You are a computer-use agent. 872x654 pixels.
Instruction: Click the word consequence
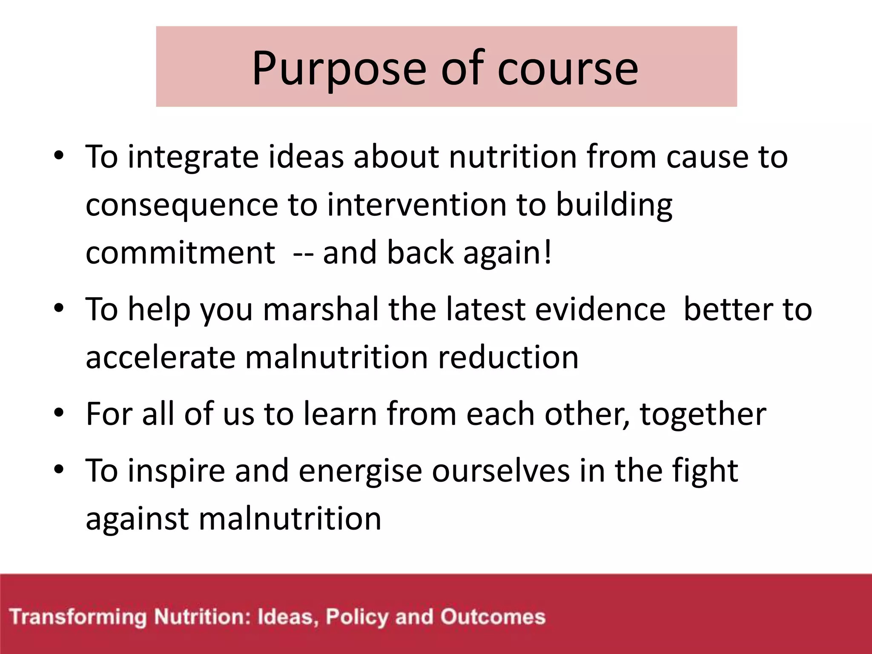(x=182, y=205)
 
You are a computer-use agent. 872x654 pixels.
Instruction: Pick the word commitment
(x=180, y=253)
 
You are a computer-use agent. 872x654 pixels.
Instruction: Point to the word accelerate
(x=161, y=358)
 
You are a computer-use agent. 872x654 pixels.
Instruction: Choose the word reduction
(x=508, y=358)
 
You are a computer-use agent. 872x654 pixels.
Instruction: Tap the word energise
(x=360, y=471)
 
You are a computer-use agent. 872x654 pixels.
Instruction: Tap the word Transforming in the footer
(x=78, y=617)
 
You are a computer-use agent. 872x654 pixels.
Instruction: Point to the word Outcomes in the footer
(x=493, y=617)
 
